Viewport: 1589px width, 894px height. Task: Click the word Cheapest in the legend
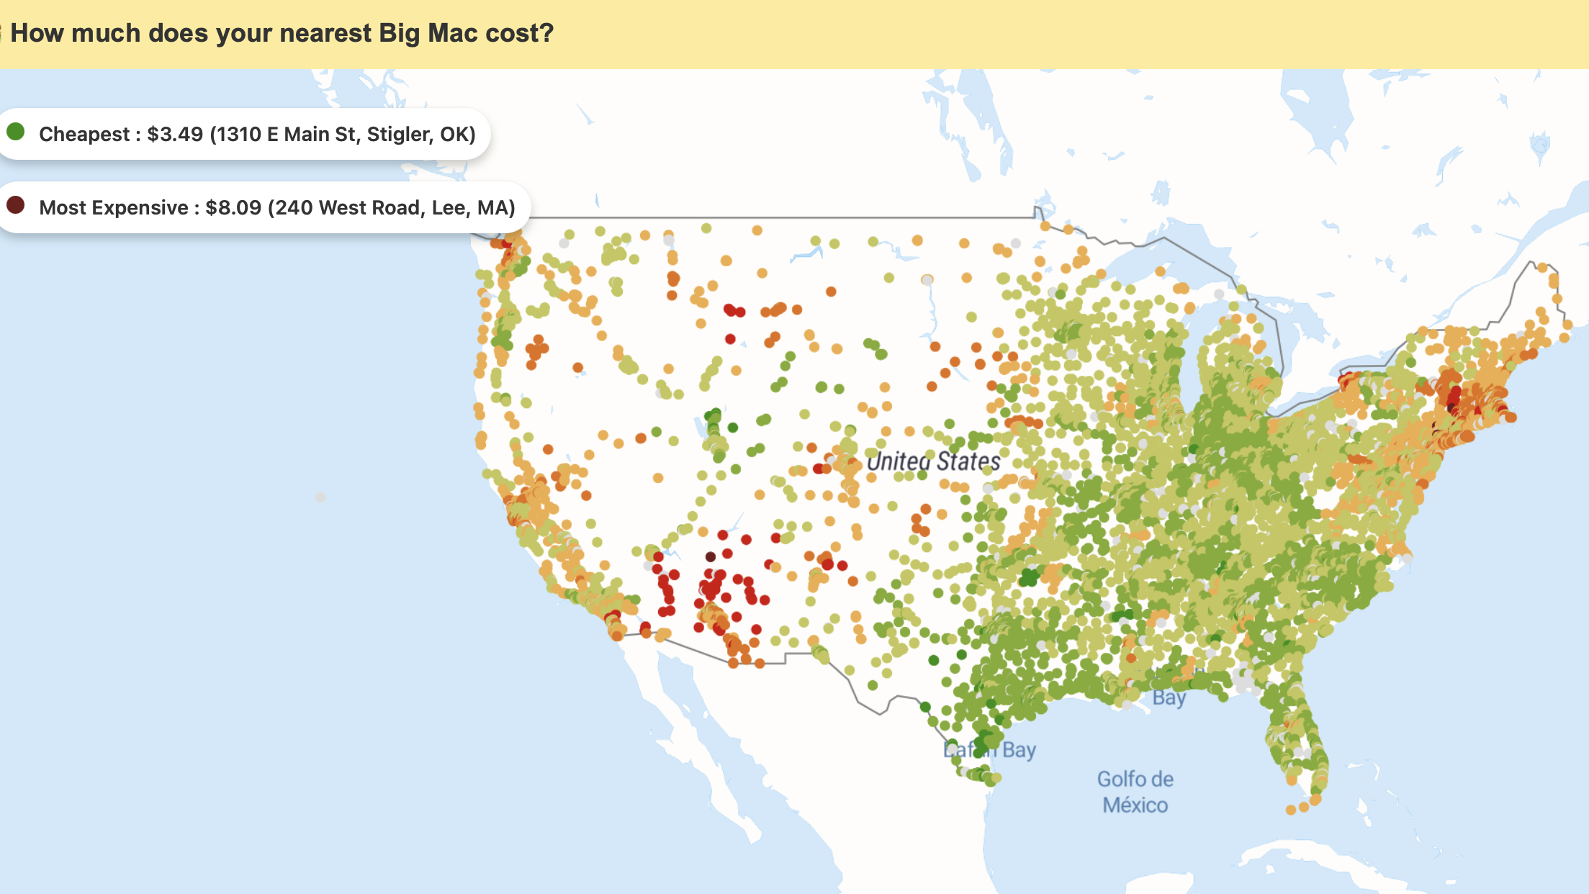tap(84, 135)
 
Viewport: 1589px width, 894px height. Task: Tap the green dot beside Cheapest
tap(16, 132)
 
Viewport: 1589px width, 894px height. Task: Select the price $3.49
tap(175, 135)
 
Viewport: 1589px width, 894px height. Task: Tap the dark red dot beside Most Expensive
tap(16, 205)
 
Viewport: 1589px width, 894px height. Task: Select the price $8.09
tap(233, 208)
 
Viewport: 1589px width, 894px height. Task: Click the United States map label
tap(933, 461)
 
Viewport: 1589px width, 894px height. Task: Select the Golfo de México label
tap(1135, 792)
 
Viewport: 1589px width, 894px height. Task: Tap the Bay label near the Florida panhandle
tap(1169, 697)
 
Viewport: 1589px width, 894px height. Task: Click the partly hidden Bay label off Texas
tap(1018, 750)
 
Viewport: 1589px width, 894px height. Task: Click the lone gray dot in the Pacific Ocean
tap(320, 497)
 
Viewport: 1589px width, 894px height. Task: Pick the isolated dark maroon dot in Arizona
tap(710, 556)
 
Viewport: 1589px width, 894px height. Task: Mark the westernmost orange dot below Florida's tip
tap(1291, 810)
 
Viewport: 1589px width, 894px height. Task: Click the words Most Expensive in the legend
tap(114, 208)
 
